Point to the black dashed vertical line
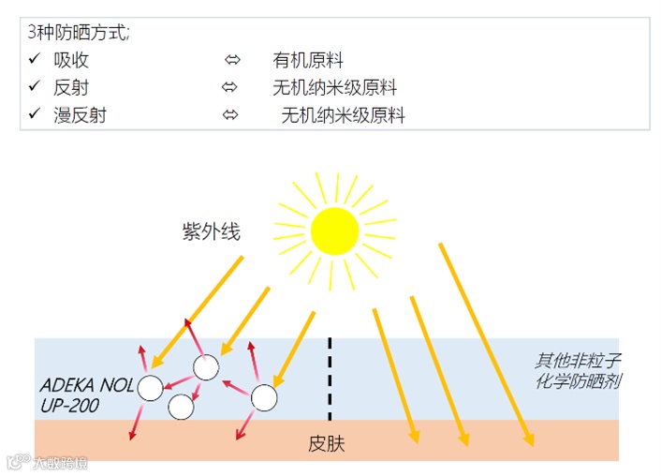click(x=330, y=379)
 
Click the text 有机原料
click(x=308, y=61)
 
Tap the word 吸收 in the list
click(x=72, y=61)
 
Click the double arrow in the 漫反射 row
click(x=229, y=115)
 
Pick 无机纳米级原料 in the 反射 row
click(x=335, y=88)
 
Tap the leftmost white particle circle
click(x=150, y=387)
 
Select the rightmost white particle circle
click(x=264, y=398)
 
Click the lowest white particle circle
click(x=181, y=407)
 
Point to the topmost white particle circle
click(x=205, y=366)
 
